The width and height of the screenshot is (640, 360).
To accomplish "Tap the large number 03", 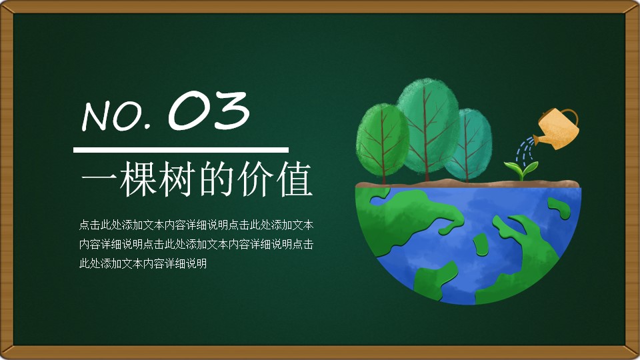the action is pyautogui.click(x=209, y=110).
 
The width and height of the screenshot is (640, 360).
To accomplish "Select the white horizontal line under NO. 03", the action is pyautogui.click(x=181, y=150).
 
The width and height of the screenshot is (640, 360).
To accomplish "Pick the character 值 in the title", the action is pyautogui.click(x=294, y=179).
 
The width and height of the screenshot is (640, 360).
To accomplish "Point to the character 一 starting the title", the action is pyautogui.click(x=99, y=179).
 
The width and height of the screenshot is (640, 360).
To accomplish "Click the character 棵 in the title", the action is pyautogui.click(x=137, y=179).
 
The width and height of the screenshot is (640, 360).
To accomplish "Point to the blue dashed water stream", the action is pyautogui.click(x=524, y=150).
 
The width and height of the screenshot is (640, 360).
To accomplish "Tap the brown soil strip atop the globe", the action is pyautogui.click(x=468, y=184).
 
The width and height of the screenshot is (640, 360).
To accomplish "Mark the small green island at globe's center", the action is pyautogui.click(x=481, y=244).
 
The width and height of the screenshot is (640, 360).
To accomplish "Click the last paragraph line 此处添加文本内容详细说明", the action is pyautogui.click(x=143, y=264).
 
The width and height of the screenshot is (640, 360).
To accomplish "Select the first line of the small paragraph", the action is pyautogui.click(x=196, y=225).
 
